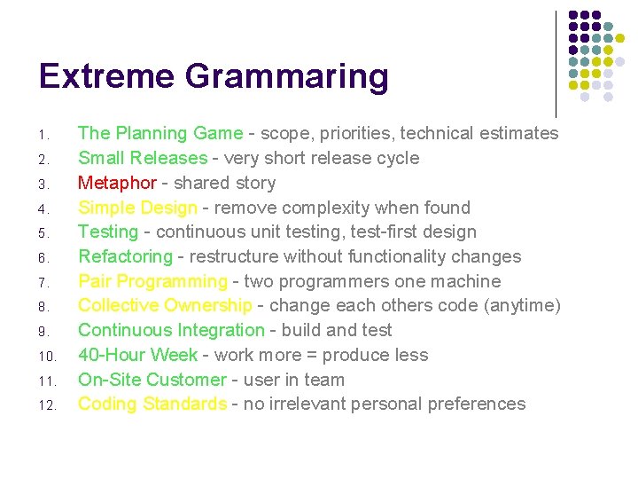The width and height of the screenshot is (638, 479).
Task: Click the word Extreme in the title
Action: (105, 76)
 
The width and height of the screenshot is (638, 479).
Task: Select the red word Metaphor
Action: (117, 183)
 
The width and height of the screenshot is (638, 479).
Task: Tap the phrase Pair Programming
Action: (152, 281)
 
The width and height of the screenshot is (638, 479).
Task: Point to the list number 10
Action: (47, 357)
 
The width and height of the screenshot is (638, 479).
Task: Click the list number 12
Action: (47, 405)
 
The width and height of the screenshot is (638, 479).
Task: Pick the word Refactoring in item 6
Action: (125, 256)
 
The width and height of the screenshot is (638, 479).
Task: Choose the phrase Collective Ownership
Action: (165, 305)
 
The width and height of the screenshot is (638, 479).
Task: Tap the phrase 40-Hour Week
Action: (137, 355)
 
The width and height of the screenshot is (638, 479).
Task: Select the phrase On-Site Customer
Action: (152, 380)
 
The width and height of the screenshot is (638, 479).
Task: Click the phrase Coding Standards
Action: (152, 404)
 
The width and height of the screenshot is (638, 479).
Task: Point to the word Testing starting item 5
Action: (108, 232)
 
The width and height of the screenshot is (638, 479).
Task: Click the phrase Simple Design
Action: (137, 208)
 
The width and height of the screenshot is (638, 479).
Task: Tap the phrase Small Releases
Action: (142, 158)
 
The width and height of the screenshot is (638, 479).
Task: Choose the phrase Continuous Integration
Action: (171, 330)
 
